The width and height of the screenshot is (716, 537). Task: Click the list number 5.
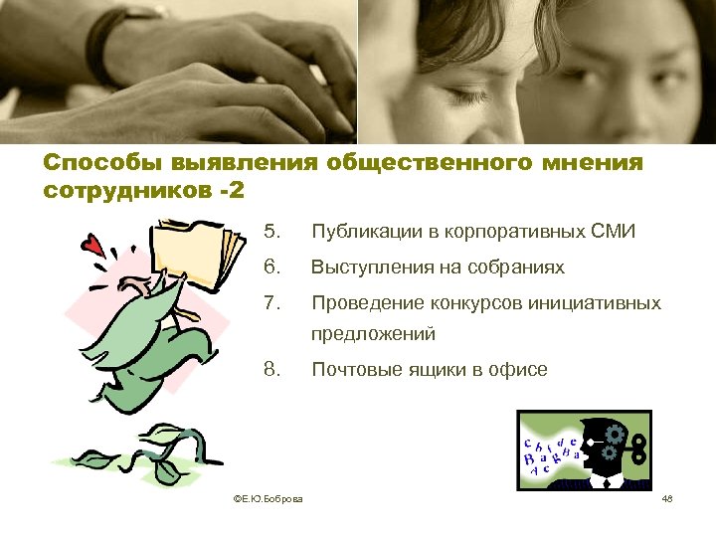click(x=270, y=233)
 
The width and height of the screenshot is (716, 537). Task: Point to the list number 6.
click(x=270, y=268)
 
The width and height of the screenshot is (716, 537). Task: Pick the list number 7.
click(x=270, y=302)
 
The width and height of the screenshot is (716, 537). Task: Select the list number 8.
click(x=270, y=370)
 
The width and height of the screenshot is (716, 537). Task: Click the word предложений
click(x=375, y=336)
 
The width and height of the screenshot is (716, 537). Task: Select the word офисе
click(x=517, y=370)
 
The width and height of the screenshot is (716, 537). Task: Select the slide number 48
click(x=667, y=499)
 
